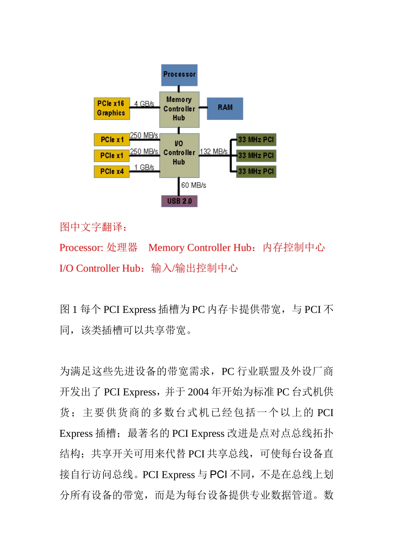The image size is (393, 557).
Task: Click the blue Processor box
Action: [179, 75]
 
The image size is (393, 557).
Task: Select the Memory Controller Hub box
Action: [179, 109]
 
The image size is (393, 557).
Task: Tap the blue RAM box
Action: [225, 108]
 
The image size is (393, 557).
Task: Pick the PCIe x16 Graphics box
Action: [112, 109]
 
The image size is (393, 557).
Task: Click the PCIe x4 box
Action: [112, 171]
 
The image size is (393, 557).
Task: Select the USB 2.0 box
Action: [179, 201]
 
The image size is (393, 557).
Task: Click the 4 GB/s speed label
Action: [144, 104]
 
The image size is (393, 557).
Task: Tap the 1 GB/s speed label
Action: [144, 167]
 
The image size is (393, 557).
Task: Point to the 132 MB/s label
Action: [213, 151]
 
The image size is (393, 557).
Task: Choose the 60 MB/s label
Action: [194, 185]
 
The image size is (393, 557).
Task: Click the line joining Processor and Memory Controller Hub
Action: [179, 89]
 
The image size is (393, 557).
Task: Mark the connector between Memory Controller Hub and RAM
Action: [203, 107]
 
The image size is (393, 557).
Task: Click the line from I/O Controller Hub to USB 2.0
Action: [179, 186]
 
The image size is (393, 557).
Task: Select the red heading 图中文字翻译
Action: [93, 227]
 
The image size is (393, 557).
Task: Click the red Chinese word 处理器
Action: [122, 247]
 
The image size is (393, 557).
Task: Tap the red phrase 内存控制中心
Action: [294, 247]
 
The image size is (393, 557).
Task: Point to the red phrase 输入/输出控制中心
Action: [194, 268]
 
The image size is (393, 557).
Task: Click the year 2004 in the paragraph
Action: [198, 392]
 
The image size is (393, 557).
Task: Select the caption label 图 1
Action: [69, 310]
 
